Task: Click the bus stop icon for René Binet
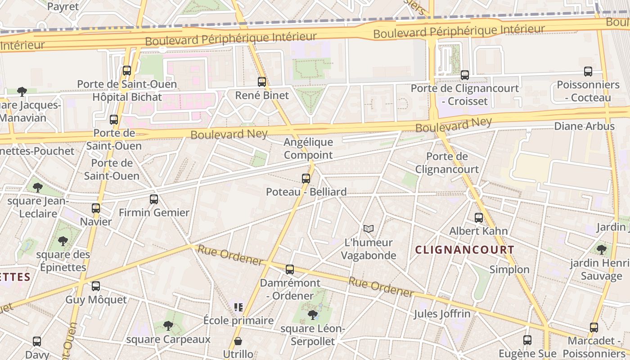(262, 82)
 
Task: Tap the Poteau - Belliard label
(306, 192)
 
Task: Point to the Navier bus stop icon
(96, 208)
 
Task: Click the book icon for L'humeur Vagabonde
(369, 229)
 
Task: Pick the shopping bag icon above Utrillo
(238, 341)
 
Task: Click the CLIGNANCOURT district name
(464, 250)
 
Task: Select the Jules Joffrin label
(442, 314)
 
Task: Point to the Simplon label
(509, 270)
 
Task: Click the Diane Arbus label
(584, 126)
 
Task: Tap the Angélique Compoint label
(308, 148)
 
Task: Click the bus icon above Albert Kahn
(479, 218)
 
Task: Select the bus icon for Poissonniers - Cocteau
(588, 72)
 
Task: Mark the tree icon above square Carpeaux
(168, 325)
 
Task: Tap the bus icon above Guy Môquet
(96, 286)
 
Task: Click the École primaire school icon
(238, 307)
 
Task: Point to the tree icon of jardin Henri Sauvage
(601, 249)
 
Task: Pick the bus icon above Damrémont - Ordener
(290, 270)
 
